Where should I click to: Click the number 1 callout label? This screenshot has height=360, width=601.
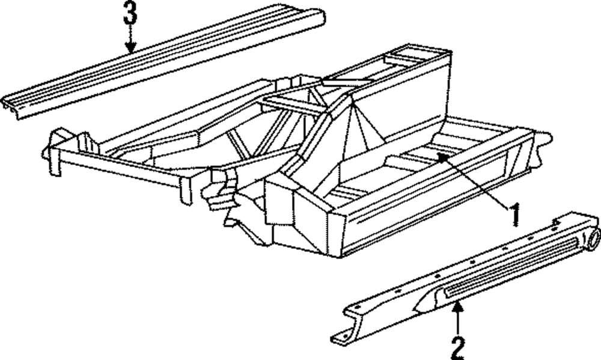point(514,216)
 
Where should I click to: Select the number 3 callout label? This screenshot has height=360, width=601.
point(130,14)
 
